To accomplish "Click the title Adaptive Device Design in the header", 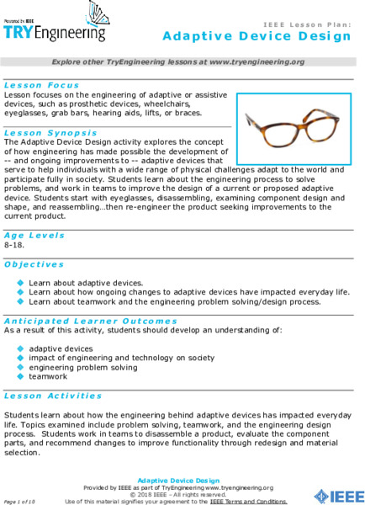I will tap(257, 37).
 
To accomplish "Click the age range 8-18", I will tap(13, 244).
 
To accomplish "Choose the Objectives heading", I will tap(34, 263).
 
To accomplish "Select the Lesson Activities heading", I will tap(52, 395).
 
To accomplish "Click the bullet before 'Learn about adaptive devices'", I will tap(21, 283).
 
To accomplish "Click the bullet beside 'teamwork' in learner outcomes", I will tap(21, 377).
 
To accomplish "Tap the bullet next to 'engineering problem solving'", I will tap(21, 367).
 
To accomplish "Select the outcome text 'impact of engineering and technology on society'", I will tap(109, 357).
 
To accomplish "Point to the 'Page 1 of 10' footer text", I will tap(20, 501).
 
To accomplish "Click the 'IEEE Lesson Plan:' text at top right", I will tap(306, 25).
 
